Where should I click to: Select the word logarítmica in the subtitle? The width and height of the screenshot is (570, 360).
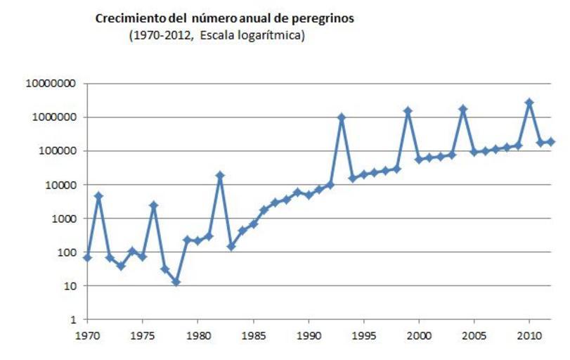pos(269,37)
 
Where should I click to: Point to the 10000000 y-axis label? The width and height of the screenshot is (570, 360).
pos(51,84)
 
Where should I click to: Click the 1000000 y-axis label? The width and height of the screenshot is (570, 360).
pos(53,117)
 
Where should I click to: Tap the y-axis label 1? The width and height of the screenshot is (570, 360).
pos(74,320)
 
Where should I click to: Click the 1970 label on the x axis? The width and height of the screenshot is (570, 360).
pos(88,335)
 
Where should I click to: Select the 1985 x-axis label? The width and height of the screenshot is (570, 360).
pos(253,335)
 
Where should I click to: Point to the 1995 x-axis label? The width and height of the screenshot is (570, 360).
pos(363,335)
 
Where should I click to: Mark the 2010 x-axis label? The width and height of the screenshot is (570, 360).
pos(529,335)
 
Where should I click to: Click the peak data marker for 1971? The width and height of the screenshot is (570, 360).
pos(99,196)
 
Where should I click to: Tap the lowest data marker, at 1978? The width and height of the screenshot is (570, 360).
pos(176,282)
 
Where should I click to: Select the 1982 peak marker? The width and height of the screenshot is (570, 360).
pos(220,175)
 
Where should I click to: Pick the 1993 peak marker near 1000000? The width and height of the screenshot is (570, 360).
pos(342,117)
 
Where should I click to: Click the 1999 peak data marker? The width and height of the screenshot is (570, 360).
pos(408,111)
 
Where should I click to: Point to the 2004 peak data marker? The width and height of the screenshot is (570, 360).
pos(463,109)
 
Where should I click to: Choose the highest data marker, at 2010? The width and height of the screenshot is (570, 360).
pos(529,103)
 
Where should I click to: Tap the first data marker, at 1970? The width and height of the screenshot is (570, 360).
pos(88,258)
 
